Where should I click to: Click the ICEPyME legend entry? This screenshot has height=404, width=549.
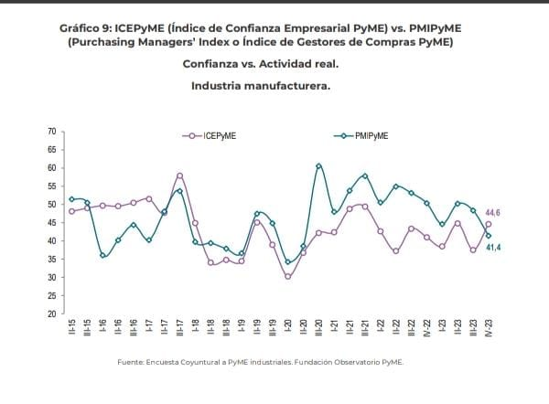click(x=215, y=135)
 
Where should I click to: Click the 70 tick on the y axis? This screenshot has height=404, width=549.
click(x=51, y=133)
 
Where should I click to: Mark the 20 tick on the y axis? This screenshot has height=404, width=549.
click(x=51, y=314)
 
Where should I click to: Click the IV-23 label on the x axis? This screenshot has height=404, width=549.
click(x=488, y=328)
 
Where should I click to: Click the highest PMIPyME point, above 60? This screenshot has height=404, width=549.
click(x=318, y=165)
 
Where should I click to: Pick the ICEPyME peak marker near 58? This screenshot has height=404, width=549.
click(x=179, y=175)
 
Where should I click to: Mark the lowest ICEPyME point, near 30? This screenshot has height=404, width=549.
click(x=288, y=276)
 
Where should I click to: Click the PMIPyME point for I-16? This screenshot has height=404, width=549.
click(x=103, y=255)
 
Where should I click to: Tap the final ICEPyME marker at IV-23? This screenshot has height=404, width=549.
click(x=488, y=224)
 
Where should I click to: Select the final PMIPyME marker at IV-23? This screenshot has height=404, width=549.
click(x=488, y=236)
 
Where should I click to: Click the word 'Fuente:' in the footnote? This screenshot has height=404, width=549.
click(x=132, y=363)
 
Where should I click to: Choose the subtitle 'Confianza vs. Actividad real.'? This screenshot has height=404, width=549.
click(x=261, y=65)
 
